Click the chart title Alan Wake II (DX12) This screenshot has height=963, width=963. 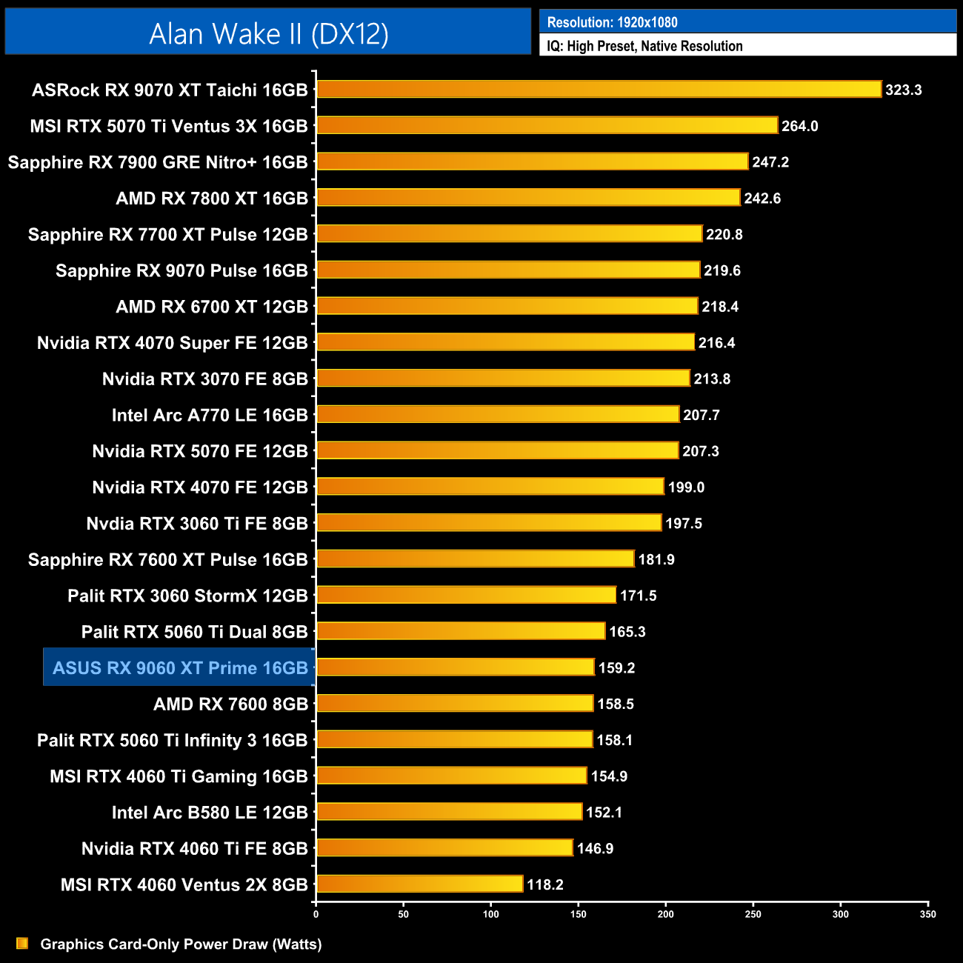pyautogui.click(x=268, y=34)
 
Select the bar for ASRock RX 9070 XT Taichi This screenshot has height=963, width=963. pyautogui.click(x=599, y=90)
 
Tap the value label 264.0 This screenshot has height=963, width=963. pyautogui.click(x=799, y=126)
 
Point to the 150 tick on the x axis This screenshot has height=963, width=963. pyautogui.click(x=578, y=914)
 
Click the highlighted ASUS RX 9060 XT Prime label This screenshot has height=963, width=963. pyautogui.click(x=180, y=668)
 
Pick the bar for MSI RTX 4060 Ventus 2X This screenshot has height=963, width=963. pyautogui.click(x=420, y=884)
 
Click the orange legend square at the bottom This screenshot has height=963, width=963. pyautogui.click(x=22, y=943)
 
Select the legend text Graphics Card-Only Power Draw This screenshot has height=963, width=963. pyautogui.click(x=181, y=944)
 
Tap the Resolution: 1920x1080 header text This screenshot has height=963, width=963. pyautogui.click(x=612, y=22)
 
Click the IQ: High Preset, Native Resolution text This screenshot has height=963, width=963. pyautogui.click(x=644, y=46)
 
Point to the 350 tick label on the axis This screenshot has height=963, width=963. pyautogui.click(x=927, y=914)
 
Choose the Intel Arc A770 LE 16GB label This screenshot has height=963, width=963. pyautogui.click(x=210, y=415)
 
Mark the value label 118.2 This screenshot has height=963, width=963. pyautogui.click(x=544, y=884)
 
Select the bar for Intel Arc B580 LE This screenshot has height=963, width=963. pyautogui.click(x=450, y=812)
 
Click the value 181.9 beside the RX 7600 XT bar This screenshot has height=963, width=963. pyautogui.click(x=656, y=559)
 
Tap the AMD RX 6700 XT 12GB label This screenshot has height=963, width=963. pyautogui.click(x=212, y=307)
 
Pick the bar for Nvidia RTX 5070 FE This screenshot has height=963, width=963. pyautogui.click(x=497, y=450)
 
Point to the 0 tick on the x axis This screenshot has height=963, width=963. pyautogui.click(x=316, y=914)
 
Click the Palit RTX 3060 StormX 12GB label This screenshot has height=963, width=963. pyautogui.click(x=187, y=596)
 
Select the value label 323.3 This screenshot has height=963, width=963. pyautogui.click(x=903, y=90)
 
